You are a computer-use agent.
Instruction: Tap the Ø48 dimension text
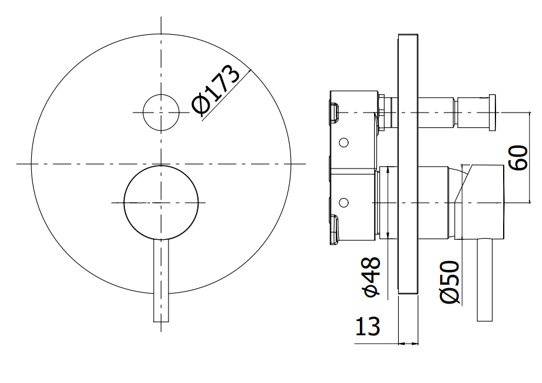point(371,276)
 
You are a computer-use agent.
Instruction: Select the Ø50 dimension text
point(450,282)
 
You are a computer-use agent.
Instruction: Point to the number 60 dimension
point(518,158)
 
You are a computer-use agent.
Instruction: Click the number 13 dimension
point(368,326)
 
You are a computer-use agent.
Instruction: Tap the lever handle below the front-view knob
point(161,280)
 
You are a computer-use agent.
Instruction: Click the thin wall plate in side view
point(408,164)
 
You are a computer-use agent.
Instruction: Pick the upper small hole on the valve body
point(343,143)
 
